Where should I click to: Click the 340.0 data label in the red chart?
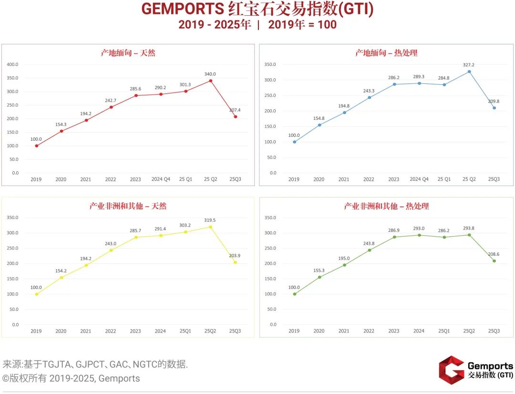(x=210, y=74)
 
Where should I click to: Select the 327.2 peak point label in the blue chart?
(x=469, y=65)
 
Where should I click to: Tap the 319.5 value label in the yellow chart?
(x=210, y=220)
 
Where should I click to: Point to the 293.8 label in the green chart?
(x=469, y=228)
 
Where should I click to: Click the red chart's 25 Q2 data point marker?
(x=210, y=81)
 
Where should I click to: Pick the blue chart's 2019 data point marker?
(x=294, y=142)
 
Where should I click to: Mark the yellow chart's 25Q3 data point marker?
(x=235, y=262)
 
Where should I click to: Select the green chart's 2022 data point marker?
(x=369, y=250)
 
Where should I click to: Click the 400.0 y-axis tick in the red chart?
(x=12, y=64)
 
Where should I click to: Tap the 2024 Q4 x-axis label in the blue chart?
(x=419, y=179)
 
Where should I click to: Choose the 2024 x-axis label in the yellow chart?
(x=160, y=331)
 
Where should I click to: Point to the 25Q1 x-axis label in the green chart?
(x=444, y=331)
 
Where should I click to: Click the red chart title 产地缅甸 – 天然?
(x=128, y=53)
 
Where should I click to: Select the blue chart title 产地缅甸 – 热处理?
(x=386, y=53)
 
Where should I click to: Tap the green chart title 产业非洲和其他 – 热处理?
(x=386, y=206)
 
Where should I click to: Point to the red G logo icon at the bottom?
(x=451, y=370)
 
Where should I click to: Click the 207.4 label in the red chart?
(x=235, y=110)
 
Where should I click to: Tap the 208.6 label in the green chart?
(x=494, y=254)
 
